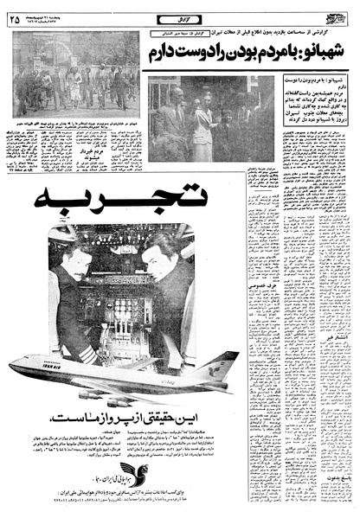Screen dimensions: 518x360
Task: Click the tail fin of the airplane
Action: point(218,363)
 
